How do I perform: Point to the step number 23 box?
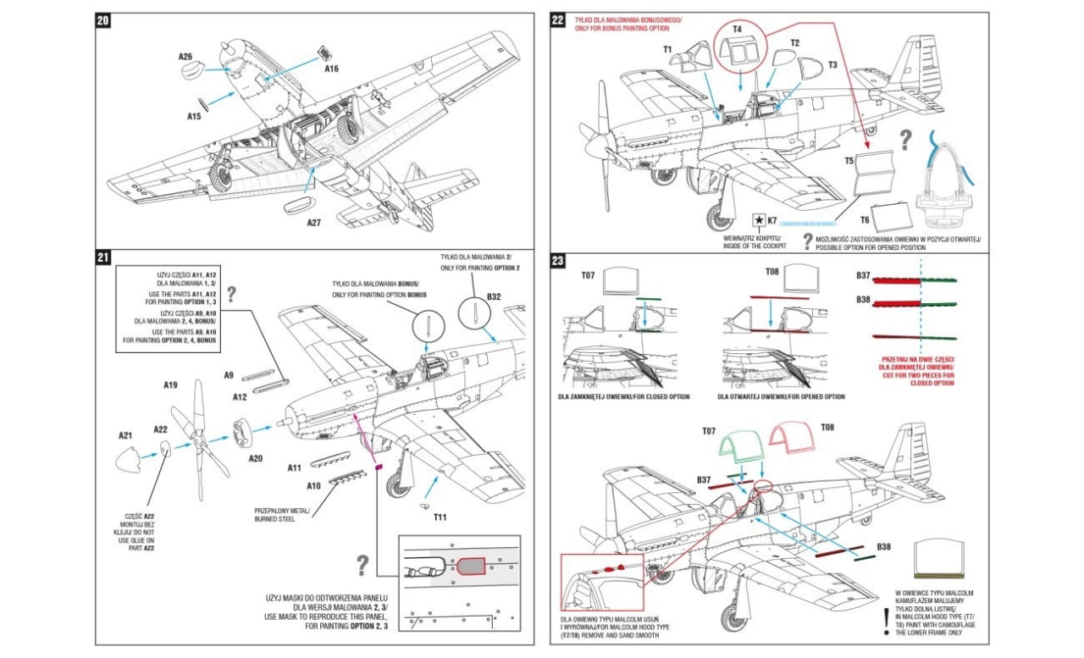(558, 261)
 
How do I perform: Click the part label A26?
(185, 57)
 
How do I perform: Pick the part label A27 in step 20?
(313, 224)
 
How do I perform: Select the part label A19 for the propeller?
(170, 385)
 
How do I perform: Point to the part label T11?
(440, 517)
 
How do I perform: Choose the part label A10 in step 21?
(313, 486)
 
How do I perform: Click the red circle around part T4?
(738, 47)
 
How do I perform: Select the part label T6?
(865, 218)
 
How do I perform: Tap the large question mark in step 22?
(905, 139)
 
